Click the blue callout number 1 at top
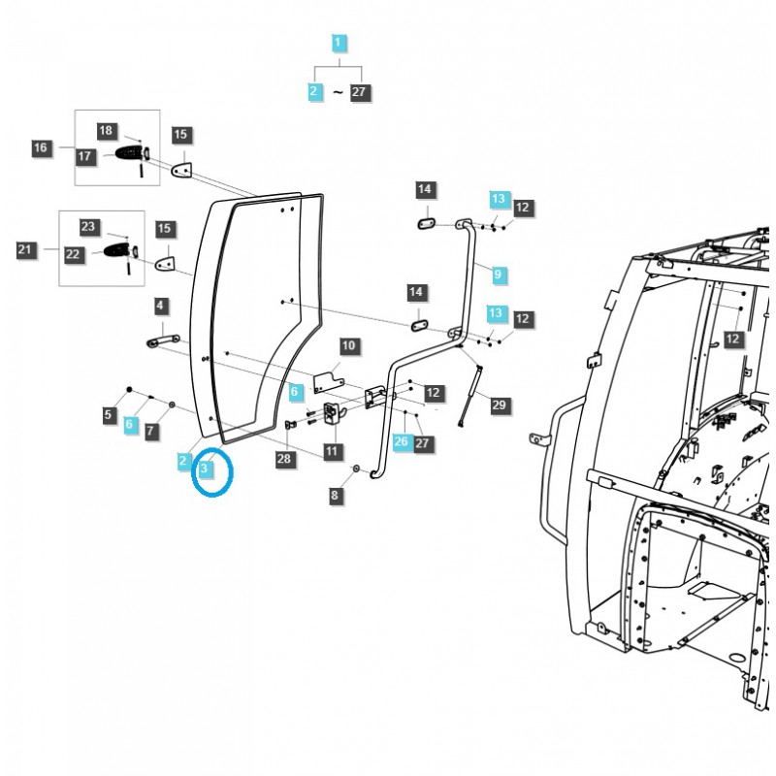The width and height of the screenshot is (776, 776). [x=338, y=43]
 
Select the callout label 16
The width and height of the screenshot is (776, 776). [x=40, y=147]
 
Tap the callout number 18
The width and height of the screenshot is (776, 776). [x=107, y=131]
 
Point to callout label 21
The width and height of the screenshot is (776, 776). [x=24, y=250]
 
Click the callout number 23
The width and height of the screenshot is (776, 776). [x=89, y=227]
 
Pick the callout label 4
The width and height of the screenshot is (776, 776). [x=160, y=307]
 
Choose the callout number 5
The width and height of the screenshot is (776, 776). [x=108, y=416]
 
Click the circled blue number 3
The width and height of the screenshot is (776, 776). [x=205, y=469]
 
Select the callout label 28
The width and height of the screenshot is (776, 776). [x=283, y=460]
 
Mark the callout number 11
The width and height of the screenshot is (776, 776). [x=333, y=451]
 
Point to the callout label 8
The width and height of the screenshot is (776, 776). [x=336, y=496]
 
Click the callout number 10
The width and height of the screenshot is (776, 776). [x=348, y=345]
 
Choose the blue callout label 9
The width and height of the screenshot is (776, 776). [x=498, y=275]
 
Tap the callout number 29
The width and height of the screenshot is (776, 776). [x=499, y=404]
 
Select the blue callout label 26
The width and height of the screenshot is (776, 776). [x=402, y=441]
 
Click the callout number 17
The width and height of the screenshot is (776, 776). [x=85, y=155]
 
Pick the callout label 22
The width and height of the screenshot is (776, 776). [x=73, y=254]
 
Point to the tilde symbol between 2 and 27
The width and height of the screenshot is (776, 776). [x=338, y=92]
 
